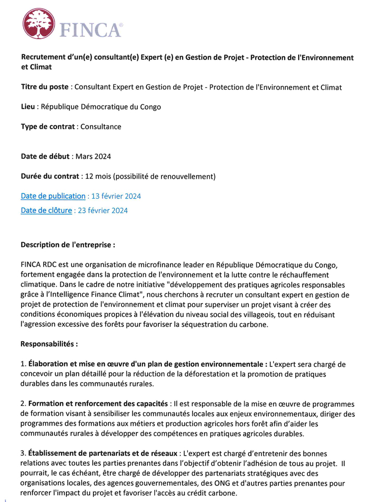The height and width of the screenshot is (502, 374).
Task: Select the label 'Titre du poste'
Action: [x=45, y=87]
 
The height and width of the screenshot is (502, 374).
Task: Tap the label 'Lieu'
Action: [x=28, y=107]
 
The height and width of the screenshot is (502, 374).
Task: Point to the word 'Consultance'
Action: [x=100, y=127]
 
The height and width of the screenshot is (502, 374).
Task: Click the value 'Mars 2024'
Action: [x=93, y=156]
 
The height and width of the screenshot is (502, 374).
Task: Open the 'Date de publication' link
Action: [x=53, y=196]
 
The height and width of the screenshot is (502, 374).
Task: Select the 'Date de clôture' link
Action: [x=46, y=211]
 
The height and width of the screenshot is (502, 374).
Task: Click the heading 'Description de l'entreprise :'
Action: [x=67, y=244]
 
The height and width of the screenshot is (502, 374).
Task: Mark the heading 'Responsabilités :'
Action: [x=49, y=344]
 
